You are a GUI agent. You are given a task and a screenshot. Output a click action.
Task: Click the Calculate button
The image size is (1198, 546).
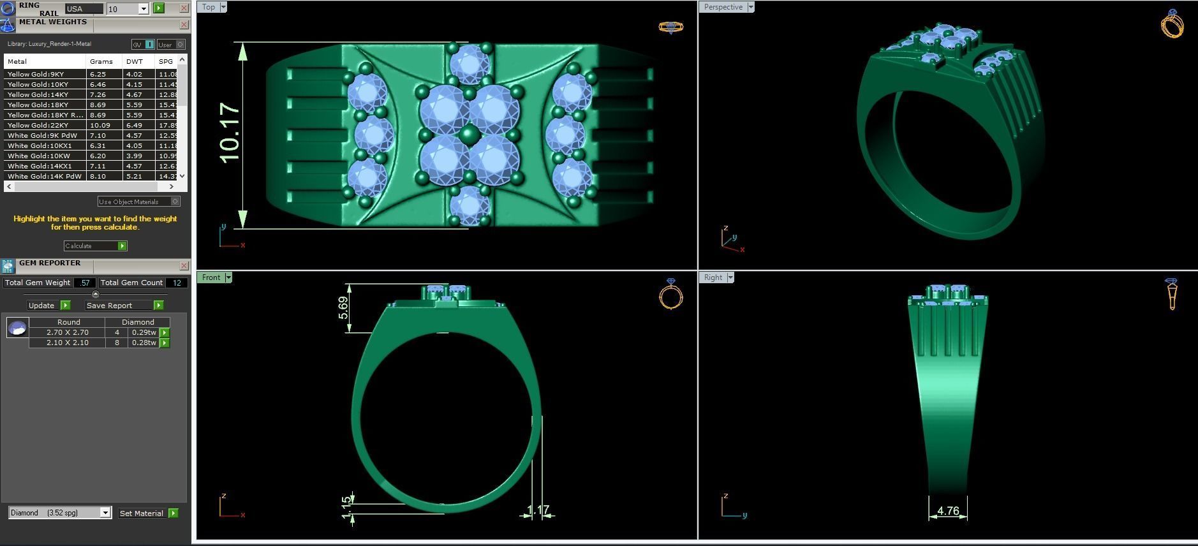pos(95,246)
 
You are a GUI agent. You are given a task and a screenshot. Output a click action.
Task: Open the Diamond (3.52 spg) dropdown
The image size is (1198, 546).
pos(105,513)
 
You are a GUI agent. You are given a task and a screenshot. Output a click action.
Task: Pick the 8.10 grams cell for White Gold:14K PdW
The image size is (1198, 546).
pos(98,176)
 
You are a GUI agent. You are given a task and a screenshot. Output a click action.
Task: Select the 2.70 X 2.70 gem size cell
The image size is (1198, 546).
pos(67,332)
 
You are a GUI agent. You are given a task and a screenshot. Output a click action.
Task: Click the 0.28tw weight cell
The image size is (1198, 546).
pos(143,343)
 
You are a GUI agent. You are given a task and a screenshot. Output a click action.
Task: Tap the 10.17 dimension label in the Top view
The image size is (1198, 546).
pos(229,132)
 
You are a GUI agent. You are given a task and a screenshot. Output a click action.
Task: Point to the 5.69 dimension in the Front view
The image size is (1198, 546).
pos(343,308)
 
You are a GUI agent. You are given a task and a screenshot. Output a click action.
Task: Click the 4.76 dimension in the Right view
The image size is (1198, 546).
pos(948,511)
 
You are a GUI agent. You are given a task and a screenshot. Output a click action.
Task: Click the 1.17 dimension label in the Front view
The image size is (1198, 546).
pos(538,510)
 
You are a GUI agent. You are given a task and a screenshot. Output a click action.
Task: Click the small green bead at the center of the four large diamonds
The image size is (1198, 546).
pos(470,135)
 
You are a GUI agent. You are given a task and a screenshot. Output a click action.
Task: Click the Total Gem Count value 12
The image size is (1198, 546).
pos(177,283)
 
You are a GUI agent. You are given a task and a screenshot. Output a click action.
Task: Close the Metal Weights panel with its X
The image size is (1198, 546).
pos(184,25)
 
